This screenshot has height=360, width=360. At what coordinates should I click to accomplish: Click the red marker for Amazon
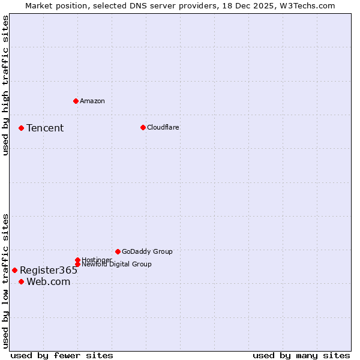(x=76, y=101)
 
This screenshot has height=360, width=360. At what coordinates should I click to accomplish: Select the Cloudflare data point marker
(x=143, y=127)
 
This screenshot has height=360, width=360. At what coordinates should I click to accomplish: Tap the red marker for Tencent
(x=21, y=128)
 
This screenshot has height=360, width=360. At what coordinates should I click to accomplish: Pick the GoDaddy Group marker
(x=118, y=251)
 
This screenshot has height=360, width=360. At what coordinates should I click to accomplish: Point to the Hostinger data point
(x=77, y=260)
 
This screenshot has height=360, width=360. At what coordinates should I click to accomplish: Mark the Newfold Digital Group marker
(x=77, y=264)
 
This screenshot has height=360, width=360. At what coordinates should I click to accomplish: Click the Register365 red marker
(x=14, y=270)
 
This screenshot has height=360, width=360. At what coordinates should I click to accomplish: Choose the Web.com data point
(x=21, y=281)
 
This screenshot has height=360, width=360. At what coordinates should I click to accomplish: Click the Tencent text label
(x=45, y=128)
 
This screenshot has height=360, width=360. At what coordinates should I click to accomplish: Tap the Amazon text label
(x=92, y=101)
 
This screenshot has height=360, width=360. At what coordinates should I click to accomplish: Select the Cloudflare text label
(x=163, y=127)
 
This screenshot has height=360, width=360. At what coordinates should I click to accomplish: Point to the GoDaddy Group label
(x=147, y=251)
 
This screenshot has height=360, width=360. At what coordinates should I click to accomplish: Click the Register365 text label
(x=49, y=270)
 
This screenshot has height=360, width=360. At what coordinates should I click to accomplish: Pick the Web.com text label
(x=48, y=282)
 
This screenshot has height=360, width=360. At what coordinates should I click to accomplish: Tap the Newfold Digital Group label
(x=116, y=264)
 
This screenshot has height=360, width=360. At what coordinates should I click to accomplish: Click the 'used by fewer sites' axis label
(x=62, y=355)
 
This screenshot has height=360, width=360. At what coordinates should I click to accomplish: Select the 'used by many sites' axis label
(x=301, y=355)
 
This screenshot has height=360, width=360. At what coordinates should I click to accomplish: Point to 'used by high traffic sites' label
(x=5, y=85)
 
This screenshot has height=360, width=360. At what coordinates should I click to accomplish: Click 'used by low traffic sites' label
(x=5, y=281)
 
